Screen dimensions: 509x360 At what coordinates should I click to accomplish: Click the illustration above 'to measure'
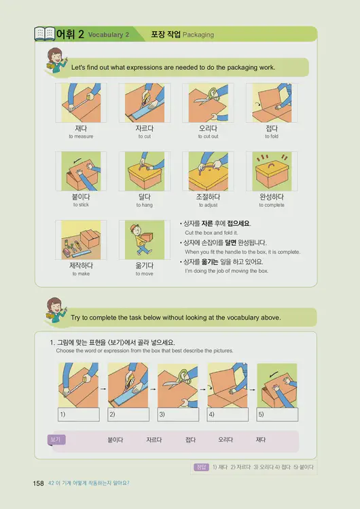point(81,102)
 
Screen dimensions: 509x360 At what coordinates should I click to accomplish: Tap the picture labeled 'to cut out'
point(208,102)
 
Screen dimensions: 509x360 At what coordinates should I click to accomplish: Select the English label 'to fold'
point(272,136)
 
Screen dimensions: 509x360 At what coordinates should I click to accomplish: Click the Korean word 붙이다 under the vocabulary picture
point(81,197)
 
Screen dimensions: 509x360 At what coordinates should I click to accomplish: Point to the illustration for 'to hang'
point(144,171)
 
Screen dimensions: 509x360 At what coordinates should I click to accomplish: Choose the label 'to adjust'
point(208,205)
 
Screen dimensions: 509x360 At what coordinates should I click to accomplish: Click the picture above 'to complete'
point(272,171)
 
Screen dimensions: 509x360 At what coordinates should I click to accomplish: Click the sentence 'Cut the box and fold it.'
point(213,233)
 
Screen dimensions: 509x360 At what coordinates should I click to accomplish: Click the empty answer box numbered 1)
point(79,414)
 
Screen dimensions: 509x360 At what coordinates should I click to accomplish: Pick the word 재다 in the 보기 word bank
point(261,440)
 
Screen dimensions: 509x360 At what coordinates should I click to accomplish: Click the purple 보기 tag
point(56,440)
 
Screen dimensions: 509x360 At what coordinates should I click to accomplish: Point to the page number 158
point(38,483)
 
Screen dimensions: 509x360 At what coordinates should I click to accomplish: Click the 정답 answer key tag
point(200,467)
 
